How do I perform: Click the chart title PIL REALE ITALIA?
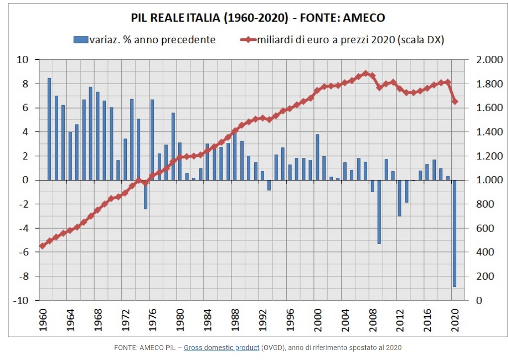tap(175, 17)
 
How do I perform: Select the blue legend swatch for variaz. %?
tap(81, 39)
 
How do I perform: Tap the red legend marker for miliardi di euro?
tap(248, 39)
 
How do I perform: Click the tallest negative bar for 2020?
tap(455, 233)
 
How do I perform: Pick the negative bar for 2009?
tap(379, 212)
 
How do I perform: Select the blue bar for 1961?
tap(49, 129)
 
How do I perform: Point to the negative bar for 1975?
tap(145, 194)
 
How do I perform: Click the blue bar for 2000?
tap(317, 157)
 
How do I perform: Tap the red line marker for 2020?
tap(455, 102)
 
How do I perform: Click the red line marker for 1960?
tap(42, 246)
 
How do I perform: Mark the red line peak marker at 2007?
tap(366, 73)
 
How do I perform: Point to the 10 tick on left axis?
tap(23, 60)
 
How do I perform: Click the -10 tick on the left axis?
tap(21, 300)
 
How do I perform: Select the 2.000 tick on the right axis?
tap(489, 60)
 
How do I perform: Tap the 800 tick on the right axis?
tap(485, 204)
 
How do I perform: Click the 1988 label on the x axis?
tap(235, 320)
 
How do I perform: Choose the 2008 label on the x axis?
tap(373, 320)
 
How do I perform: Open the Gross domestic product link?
tap(221, 348)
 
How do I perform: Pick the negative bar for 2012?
tap(400, 198)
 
